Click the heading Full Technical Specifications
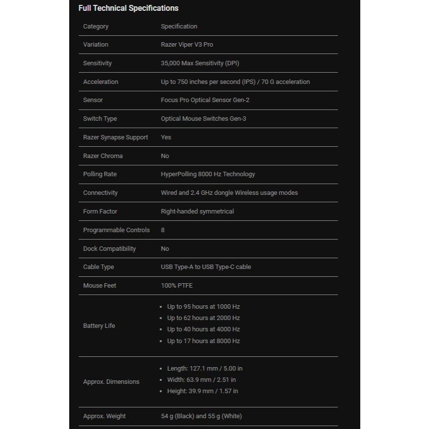point(128,8)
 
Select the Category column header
point(96,27)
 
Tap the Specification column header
point(179,27)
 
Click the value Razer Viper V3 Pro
point(187,45)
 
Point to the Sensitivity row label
point(97,63)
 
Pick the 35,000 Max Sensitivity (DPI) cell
point(200,63)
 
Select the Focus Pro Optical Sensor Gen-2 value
point(205,100)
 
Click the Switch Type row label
point(100,119)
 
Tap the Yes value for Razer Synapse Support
point(166,137)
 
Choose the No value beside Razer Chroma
point(165,156)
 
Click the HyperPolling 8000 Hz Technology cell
point(208,174)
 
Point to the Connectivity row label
point(100,193)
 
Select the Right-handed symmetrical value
point(197,212)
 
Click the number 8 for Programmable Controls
point(163,230)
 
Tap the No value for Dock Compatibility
point(165,249)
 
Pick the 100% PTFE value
point(177,286)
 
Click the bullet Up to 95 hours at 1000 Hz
point(203,307)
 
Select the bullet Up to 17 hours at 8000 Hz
point(203,341)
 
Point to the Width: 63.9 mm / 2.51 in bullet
point(201,380)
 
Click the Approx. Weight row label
point(104,416)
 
